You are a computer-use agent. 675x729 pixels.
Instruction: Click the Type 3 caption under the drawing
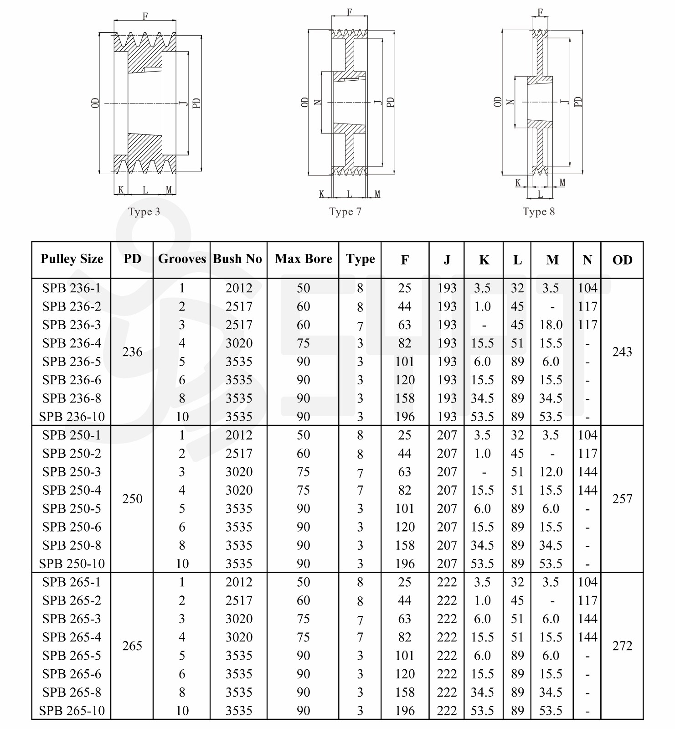144,212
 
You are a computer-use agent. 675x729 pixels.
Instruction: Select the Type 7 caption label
345,212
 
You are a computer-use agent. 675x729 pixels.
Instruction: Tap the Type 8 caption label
538,212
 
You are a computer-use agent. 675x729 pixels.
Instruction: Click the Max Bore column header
303,259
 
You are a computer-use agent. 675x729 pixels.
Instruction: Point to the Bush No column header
237,259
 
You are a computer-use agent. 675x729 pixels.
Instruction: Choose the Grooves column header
182,259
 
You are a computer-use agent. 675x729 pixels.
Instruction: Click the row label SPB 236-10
72,417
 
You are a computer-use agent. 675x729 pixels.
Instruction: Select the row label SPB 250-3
72,472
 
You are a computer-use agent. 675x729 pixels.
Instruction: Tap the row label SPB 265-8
72,692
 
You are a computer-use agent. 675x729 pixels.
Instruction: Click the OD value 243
622,352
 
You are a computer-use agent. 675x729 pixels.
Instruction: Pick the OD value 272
622,646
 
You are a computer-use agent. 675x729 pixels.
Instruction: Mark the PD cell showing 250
132,499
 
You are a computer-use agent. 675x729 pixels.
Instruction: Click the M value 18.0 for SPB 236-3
551,325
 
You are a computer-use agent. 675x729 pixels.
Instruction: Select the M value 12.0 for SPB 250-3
551,472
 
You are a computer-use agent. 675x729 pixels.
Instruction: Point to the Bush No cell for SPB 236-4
239,343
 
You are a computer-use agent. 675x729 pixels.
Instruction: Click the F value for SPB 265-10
405,710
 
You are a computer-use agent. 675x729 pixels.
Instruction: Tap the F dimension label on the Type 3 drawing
145,16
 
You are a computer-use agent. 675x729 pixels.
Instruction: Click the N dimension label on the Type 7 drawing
319,103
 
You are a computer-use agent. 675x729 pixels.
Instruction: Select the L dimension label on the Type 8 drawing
540,194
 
